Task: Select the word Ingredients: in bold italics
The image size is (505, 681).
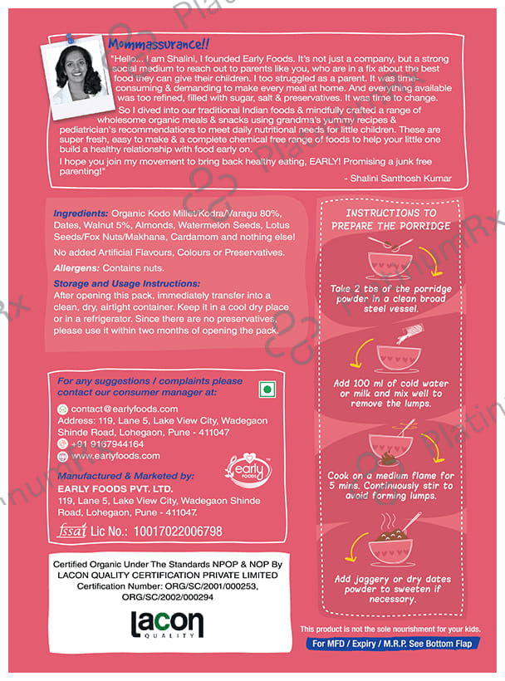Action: (81, 212)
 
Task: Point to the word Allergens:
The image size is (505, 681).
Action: (76, 267)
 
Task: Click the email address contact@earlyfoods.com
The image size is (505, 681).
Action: (125, 409)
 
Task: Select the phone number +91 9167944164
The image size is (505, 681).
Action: (107, 444)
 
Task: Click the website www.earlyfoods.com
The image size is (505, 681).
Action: (115, 456)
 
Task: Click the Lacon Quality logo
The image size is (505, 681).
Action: (166, 625)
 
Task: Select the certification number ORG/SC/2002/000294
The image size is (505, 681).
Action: (167, 596)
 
